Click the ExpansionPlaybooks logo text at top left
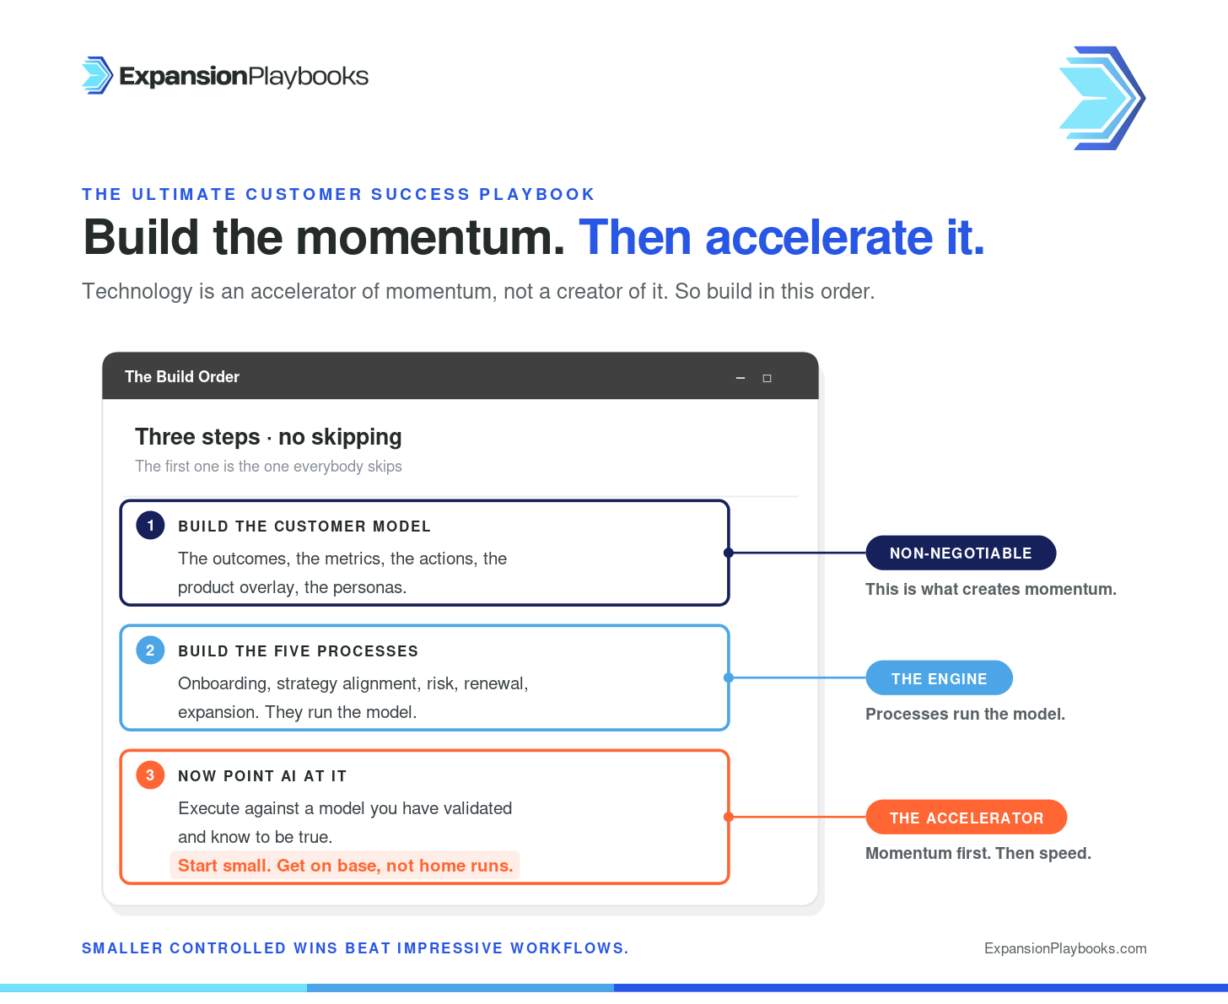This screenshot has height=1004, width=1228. [244, 76]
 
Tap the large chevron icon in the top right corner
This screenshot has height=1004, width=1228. [1101, 98]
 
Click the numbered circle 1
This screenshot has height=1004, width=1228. [150, 526]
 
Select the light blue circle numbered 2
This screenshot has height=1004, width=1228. [150, 650]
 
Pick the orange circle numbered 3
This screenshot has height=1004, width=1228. [150, 775]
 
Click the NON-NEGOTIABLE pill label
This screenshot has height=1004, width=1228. [961, 553]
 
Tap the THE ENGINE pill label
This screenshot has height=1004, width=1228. [940, 677]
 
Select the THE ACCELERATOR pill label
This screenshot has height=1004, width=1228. [967, 817]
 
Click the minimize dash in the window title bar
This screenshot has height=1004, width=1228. [740, 378]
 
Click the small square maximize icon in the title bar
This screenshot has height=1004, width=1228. [767, 378]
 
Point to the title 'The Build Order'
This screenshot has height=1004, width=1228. [181, 377]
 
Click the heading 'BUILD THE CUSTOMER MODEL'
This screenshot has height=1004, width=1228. [304, 526]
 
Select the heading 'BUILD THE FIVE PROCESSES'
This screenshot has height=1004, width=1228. [298, 650]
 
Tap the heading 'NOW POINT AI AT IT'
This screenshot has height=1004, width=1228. [262, 775]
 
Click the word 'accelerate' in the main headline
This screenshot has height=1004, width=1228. [819, 238]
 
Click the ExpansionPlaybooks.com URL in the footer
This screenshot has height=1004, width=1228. [1065, 948]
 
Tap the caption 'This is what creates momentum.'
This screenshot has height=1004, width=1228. [990, 589]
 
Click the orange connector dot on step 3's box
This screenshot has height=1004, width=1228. [729, 817]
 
